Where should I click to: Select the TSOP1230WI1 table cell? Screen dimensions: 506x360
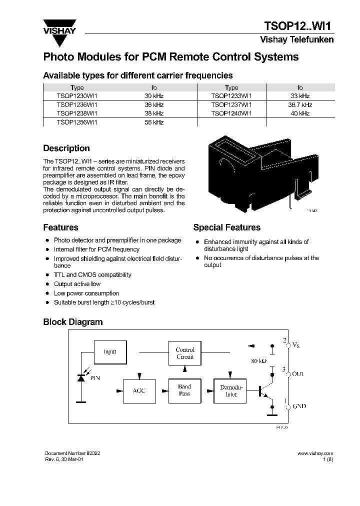click(x=77, y=95)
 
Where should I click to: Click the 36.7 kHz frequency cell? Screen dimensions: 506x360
click(x=300, y=104)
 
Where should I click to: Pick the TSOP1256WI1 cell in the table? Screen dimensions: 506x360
click(x=77, y=122)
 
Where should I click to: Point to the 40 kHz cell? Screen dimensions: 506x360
click(x=300, y=113)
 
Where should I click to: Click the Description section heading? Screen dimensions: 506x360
click(x=66, y=148)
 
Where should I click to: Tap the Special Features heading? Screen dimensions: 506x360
click(x=226, y=227)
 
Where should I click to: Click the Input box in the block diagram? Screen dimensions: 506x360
click(x=109, y=351)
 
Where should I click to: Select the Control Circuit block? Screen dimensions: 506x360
click(x=185, y=353)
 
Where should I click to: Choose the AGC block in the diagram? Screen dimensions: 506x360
click(x=138, y=390)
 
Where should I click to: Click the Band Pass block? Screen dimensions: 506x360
click(x=184, y=390)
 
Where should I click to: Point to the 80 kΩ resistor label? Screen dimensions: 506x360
click(x=259, y=360)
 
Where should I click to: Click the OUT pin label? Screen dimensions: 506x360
click(x=297, y=374)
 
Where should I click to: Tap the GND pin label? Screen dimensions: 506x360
click(x=298, y=406)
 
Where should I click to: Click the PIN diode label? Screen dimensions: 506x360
click(x=95, y=378)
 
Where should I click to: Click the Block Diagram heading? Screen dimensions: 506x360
click(x=73, y=322)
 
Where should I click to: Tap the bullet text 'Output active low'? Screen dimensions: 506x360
click(x=77, y=284)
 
